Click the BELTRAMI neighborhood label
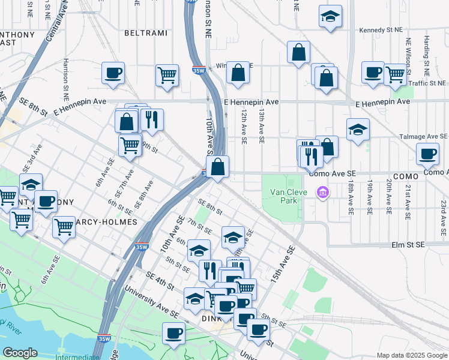[x=146, y=33]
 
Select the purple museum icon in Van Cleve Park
[x=323, y=193]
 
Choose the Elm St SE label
[x=408, y=245]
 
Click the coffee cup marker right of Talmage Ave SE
[x=427, y=154]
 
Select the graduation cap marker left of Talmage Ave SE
[x=358, y=130]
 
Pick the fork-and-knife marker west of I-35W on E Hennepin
[x=152, y=119]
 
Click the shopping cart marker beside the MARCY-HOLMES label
[x=64, y=227]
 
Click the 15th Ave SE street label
[x=283, y=264]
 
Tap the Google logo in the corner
[x=20, y=352]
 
